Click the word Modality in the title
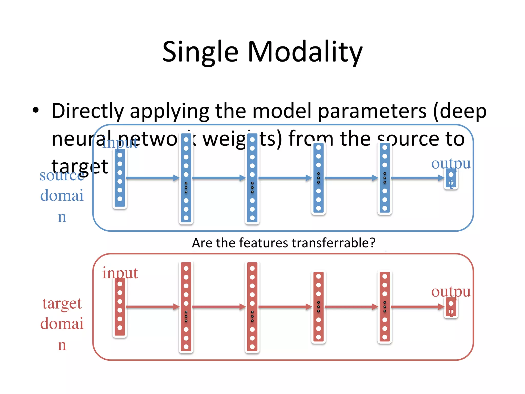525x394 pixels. click(x=305, y=53)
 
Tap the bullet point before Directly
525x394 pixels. click(x=36, y=110)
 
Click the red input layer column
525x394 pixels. click(x=120, y=307)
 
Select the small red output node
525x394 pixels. click(x=451, y=308)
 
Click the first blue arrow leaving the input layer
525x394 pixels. click(x=153, y=178)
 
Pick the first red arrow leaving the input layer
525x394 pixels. click(x=153, y=307)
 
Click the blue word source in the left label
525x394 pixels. click(x=62, y=176)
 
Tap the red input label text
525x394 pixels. click(x=120, y=273)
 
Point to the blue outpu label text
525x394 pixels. click(x=451, y=163)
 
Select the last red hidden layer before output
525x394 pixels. click(x=385, y=307)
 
